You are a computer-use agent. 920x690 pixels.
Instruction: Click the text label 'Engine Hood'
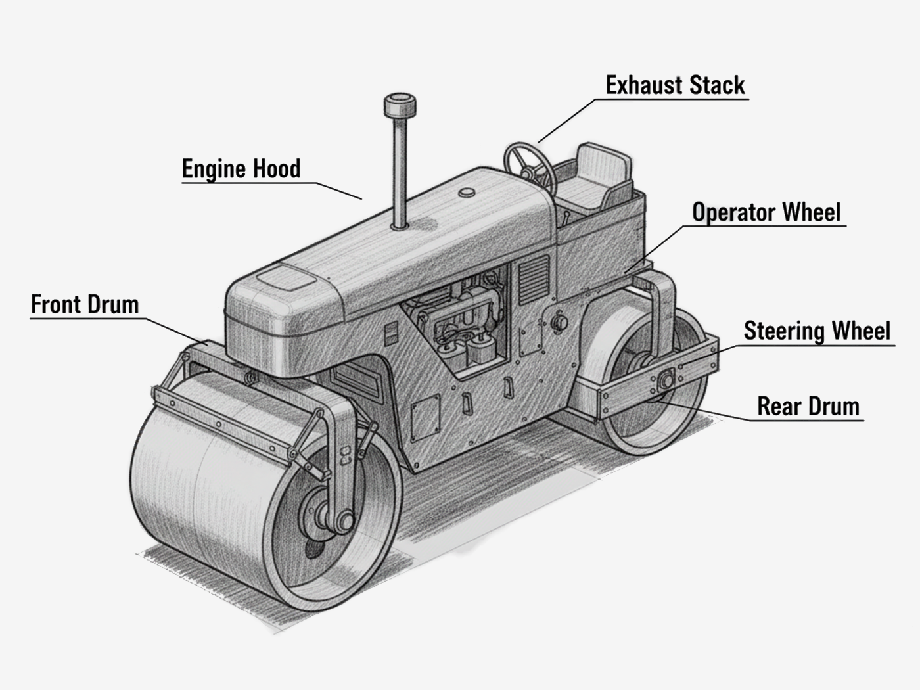pos(241,169)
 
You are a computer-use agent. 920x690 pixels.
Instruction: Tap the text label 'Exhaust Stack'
pos(675,85)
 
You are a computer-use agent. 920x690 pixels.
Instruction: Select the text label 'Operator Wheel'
pos(766,212)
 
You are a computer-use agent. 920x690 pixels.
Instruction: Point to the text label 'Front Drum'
pos(85,305)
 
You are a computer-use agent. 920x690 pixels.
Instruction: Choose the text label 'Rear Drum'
pos(808,406)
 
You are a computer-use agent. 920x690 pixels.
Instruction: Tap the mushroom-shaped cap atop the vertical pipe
pos(399,105)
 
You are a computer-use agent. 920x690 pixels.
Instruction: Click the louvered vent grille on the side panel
pos(533,279)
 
